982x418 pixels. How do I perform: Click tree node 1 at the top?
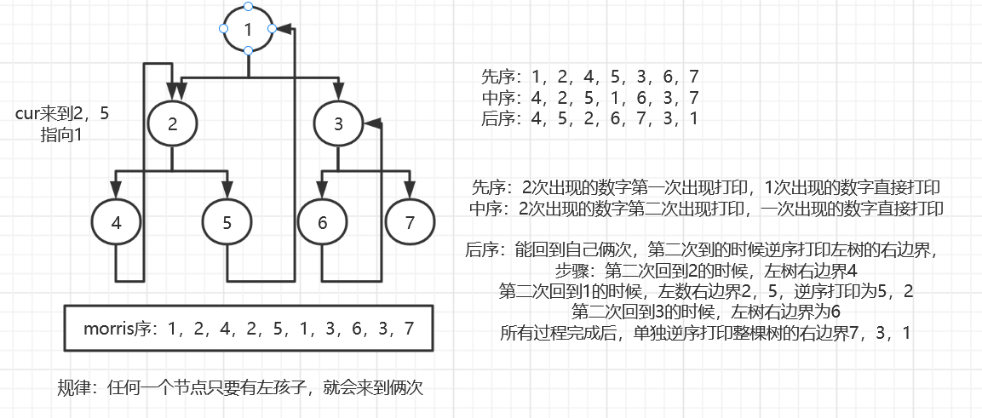(248, 29)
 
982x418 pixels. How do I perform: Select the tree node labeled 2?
(173, 124)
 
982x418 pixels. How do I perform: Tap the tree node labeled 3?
(338, 124)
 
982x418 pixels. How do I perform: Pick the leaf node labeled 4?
(116, 223)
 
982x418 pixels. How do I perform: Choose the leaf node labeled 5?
(227, 223)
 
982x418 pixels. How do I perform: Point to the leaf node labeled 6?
(322, 223)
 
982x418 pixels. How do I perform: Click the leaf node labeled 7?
(410, 223)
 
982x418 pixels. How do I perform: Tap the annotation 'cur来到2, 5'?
(62, 114)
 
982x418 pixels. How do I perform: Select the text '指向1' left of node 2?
(61, 134)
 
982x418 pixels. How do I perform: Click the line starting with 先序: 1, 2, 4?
(590, 77)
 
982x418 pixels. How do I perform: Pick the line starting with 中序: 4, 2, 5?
(590, 97)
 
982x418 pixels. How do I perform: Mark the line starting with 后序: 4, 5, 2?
(590, 117)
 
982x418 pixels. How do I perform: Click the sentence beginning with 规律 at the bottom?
(240, 387)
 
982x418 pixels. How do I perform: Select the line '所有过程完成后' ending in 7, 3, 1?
(705, 333)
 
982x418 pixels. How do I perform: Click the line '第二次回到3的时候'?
(706, 312)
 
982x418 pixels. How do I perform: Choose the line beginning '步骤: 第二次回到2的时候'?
(706, 271)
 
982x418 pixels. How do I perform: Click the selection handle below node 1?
(248, 52)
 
